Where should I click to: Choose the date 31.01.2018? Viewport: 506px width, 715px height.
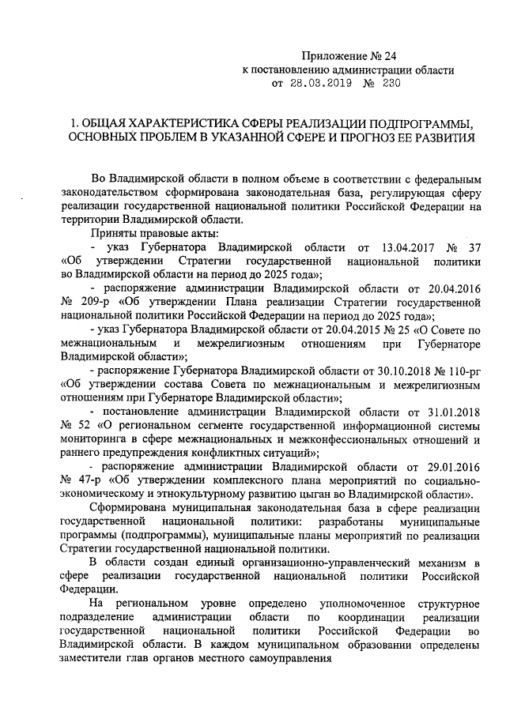454,411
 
